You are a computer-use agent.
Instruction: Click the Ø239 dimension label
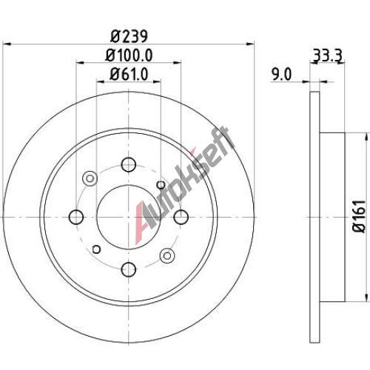[x=129, y=36]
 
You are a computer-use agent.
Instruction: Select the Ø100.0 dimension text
[x=129, y=55]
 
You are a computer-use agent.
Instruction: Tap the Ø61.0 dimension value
[x=129, y=74]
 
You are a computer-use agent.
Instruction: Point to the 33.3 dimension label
[x=327, y=55]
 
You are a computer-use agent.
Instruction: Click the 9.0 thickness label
[x=281, y=74]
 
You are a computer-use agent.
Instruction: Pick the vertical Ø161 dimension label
[x=359, y=216]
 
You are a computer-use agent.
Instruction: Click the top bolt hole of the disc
[x=129, y=164]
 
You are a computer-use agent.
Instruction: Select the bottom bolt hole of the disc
[x=129, y=269]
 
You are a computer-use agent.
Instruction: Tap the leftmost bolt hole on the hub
[x=76, y=217]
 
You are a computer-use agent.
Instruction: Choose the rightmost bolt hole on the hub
[x=181, y=217]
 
